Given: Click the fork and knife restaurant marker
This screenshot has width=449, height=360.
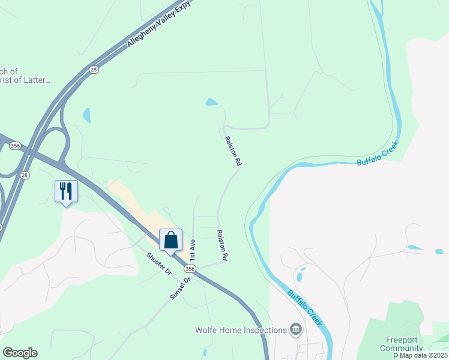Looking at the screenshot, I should [x=66, y=191].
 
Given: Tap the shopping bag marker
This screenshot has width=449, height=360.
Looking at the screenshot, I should [x=170, y=240].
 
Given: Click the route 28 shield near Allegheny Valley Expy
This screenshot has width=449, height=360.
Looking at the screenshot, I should [x=94, y=70].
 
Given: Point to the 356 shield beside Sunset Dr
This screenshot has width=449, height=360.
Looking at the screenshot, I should [x=189, y=270].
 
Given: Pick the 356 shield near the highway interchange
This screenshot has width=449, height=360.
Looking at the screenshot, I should [x=16, y=146].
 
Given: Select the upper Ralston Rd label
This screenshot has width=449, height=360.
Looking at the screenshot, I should [x=233, y=151].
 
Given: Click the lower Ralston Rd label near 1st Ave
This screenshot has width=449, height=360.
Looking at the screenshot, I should [x=221, y=245].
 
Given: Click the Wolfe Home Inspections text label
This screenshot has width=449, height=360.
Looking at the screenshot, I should [x=241, y=330].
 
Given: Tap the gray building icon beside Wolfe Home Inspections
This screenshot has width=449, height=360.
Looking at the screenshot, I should [x=295, y=329].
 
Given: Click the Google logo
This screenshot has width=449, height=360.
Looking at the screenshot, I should [x=20, y=353].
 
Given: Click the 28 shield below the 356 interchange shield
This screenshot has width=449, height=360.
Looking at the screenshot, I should [x=25, y=175].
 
